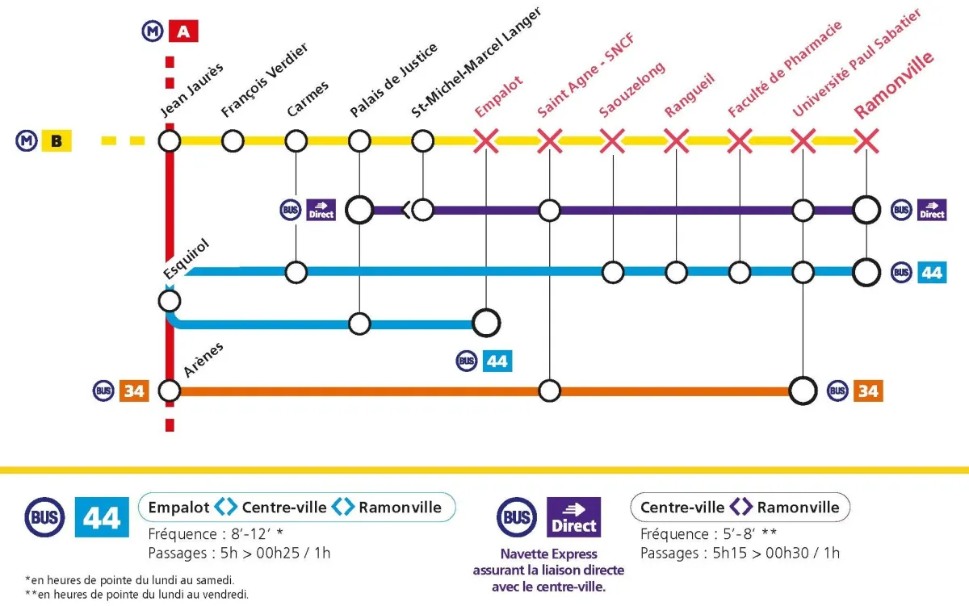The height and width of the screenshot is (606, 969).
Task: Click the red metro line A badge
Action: click(x=183, y=31)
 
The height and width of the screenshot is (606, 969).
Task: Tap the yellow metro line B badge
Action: click(x=57, y=141)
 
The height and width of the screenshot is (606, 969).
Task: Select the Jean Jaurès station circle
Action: click(x=169, y=141)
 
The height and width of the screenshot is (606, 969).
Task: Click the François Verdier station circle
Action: click(x=233, y=141)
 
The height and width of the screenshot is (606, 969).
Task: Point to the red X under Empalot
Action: click(x=486, y=141)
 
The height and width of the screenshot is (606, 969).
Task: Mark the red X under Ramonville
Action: click(x=866, y=141)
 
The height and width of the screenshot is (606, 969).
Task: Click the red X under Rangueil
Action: click(x=676, y=141)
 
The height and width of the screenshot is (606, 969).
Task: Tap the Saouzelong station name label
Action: click(x=632, y=90)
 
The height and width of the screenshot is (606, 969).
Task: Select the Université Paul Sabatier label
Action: click(x=857, y=63)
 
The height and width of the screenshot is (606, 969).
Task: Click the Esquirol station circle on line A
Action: click(x=169, y=301)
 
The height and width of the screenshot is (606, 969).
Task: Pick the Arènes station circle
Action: click(x=169, y=391)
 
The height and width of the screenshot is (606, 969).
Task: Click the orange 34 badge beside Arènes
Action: click(x=134, y=391)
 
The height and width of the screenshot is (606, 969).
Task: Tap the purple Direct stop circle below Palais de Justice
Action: click(x=359, y=210)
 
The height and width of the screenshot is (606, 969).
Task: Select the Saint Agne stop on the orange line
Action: click(x=549, y=391)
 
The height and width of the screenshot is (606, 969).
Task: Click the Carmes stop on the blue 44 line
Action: click(x=296, y=272)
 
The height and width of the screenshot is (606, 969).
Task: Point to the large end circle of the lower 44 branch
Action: click(x=486, y=323)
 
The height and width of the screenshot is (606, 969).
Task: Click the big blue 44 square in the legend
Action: click(x=102, y=517)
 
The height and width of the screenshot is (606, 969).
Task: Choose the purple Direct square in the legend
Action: click(x=573, y=517)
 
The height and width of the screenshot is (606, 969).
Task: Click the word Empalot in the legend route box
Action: click(x=178, y=507)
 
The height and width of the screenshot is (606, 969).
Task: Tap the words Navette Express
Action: click(x=548, y=554)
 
